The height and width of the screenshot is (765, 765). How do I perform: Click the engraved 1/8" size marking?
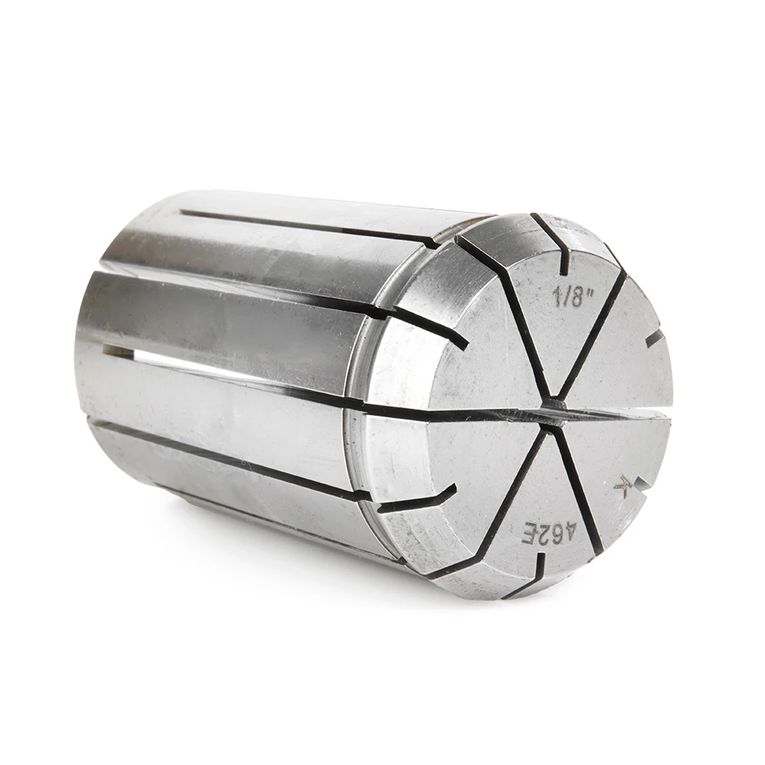click(568, 295)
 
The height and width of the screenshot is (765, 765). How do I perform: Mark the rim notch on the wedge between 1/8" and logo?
click(655, 340)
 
